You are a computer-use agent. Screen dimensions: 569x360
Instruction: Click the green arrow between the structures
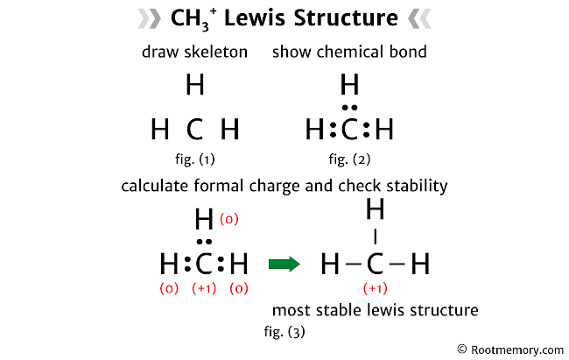point(284,263)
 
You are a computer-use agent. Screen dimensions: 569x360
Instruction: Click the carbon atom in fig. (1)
point(194,131)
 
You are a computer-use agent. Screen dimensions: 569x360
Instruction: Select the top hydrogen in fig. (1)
point(194,86)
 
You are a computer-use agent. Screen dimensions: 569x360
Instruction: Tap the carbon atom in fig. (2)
point(349,131)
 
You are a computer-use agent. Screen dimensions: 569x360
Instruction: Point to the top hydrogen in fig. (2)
point(349,86)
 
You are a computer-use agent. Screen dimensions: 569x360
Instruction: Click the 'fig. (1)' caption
point(194,159)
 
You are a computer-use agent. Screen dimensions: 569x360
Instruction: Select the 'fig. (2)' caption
point(349,159)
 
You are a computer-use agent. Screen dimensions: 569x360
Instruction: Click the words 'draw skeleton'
point(194,52)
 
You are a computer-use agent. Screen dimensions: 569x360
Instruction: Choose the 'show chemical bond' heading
point(349,52)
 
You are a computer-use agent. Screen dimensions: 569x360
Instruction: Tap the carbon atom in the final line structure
point(376,263)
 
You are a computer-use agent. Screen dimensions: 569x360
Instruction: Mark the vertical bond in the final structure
point(376,236)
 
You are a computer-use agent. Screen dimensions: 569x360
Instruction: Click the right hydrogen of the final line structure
point(420,263)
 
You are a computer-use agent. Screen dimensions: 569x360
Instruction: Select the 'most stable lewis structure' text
point(375,310)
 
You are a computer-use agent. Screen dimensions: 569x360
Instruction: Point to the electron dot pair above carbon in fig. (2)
point(349,108)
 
